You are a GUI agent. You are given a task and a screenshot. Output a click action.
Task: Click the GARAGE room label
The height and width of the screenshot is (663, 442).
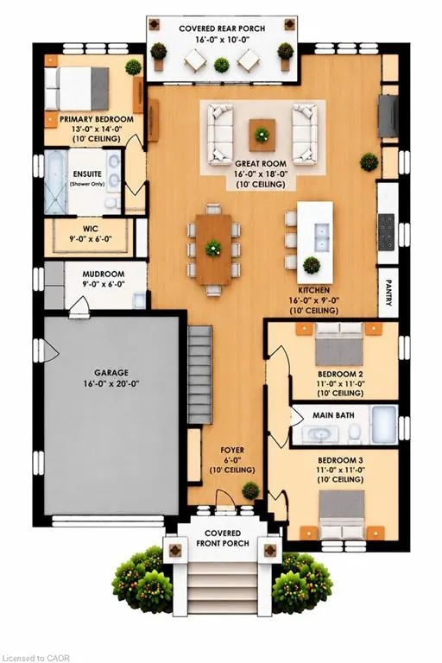click(x=111, y=373)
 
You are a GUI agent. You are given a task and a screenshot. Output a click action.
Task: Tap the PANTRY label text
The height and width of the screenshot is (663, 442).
click(x=388, y=292)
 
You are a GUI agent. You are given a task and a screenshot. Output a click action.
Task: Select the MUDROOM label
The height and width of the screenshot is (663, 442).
click(x=104, y=274)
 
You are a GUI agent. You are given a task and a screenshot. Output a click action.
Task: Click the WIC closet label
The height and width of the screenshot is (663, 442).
click(x=91, y=229)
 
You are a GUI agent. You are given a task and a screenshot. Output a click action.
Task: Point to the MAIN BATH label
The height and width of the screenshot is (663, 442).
click(x=333, y=415)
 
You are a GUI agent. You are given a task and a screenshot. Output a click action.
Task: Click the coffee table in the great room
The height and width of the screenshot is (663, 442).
click(x=262, y=136)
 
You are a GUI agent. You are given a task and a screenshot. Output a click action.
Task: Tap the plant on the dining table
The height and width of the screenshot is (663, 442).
click(x=213, y=248)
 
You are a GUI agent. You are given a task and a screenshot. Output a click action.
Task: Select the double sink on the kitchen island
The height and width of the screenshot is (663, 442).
click(x=322, y=237)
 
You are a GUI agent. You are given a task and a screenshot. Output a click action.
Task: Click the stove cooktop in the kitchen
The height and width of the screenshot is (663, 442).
click(x=386, y=232)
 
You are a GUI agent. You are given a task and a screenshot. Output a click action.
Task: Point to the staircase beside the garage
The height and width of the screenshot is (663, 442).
click(x=199, y=374)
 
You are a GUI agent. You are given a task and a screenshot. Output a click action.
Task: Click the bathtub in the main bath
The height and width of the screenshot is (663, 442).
click(x=384, y=425)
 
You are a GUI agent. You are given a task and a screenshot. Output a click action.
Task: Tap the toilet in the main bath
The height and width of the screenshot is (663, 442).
click(x=355, y=433)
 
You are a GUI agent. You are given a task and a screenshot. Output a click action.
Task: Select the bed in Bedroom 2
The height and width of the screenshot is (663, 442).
click(x=339, y=344)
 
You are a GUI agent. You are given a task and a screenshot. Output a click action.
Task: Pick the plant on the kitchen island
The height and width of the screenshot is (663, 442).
click(x=312, y=265)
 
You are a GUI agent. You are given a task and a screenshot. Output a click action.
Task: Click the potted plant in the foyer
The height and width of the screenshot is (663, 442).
click(x=251, y=491)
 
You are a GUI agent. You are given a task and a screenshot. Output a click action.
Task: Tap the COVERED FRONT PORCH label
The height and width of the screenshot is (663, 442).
click(x=223, y=539)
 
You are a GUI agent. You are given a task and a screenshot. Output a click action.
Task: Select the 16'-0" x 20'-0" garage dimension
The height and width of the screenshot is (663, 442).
click(x=111, y=384)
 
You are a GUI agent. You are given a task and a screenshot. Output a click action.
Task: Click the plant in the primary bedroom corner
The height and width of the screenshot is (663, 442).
click(x=133, y=67)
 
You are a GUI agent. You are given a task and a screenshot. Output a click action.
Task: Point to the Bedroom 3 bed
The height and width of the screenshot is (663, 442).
click(x=341, y=515)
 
